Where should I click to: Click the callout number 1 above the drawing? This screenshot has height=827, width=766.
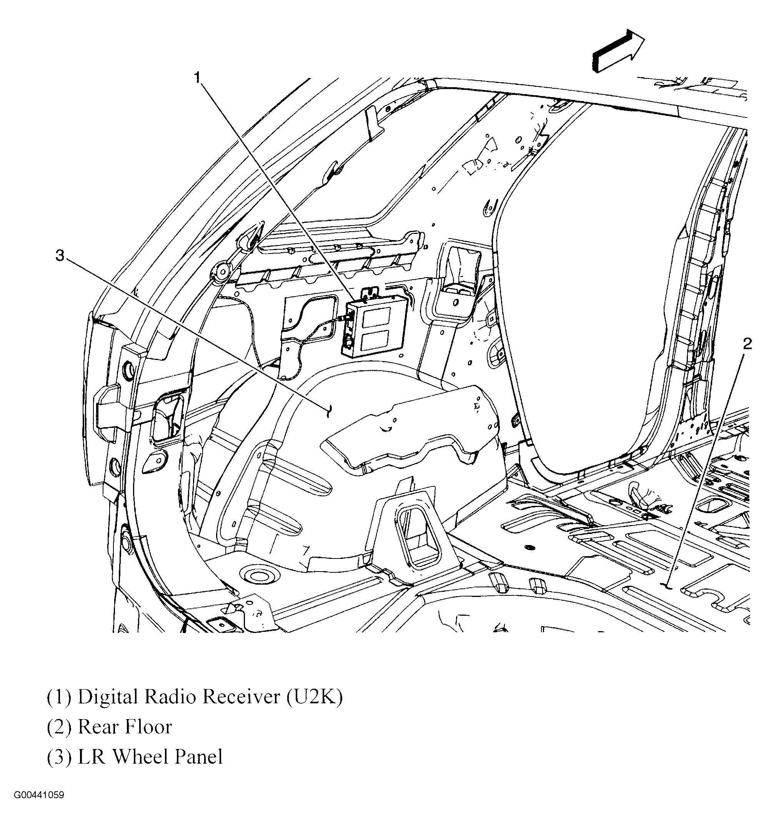coord(198,78)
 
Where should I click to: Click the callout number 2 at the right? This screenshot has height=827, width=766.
coord(747,343)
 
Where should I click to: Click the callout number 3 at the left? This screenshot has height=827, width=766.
coord(60,255)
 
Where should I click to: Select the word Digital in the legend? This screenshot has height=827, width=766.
coord(108,696)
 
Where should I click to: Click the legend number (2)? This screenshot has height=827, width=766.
coord(59,727)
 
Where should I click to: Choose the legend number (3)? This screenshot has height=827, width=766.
coord(59,757)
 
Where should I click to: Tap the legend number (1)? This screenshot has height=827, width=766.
coord(59,696)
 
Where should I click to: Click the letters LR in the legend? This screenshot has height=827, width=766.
coord(92,756)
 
